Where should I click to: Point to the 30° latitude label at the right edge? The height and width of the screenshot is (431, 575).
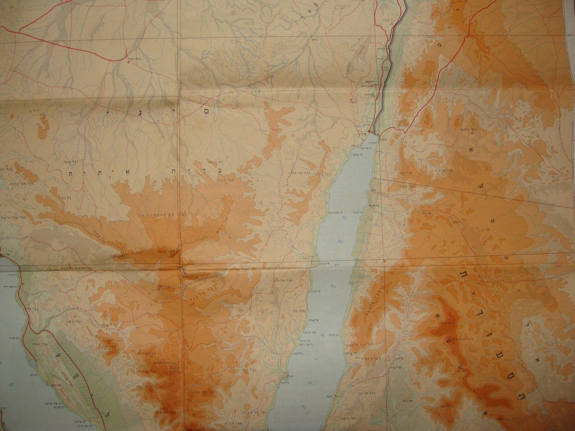[x=569, y=35]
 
